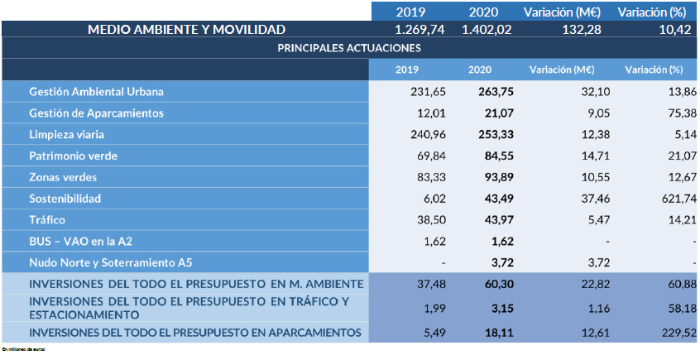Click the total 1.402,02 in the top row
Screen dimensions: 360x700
[x=487, y=29]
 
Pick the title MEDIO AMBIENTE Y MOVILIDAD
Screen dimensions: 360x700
[x=186, y=29]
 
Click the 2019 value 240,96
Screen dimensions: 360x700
[x=429, y=134]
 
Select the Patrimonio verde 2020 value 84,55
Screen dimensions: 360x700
[x=498, y=156]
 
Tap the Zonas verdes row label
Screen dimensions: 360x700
[x=63, y=177]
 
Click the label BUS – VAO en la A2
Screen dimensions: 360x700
[x=79, y=242]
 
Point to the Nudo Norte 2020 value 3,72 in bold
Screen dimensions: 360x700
[x=501, y=263]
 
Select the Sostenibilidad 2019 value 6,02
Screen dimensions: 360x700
[x=434, y=199]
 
